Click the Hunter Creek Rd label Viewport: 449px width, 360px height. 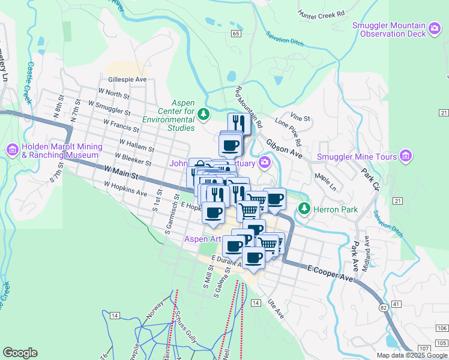(321, 13)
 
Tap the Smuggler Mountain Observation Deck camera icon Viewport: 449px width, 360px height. (435, 27)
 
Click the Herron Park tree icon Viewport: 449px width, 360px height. (304, 209)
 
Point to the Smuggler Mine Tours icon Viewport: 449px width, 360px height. (406, 157)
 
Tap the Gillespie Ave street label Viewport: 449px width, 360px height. (127, 79)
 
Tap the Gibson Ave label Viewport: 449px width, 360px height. (285, 151)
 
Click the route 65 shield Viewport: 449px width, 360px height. (235, 34)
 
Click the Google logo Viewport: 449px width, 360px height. (20, 353)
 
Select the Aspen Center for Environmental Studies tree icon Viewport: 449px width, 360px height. (205, 112)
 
